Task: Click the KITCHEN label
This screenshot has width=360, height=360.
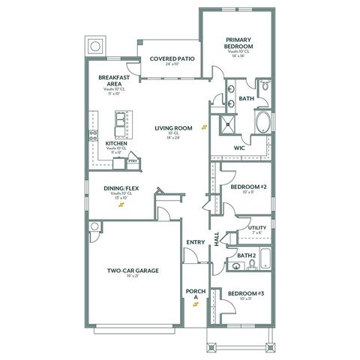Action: coord(115,142)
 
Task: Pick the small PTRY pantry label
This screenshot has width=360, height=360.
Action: coord(133,160)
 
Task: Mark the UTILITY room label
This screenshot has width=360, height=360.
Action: coord(256,227)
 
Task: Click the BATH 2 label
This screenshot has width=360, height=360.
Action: coord(247,255)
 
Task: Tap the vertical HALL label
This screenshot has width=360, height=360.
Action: coord(217,239)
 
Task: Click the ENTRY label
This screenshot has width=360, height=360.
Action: coord(195,242)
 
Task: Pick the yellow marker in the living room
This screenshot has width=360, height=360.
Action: coord(202,127)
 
